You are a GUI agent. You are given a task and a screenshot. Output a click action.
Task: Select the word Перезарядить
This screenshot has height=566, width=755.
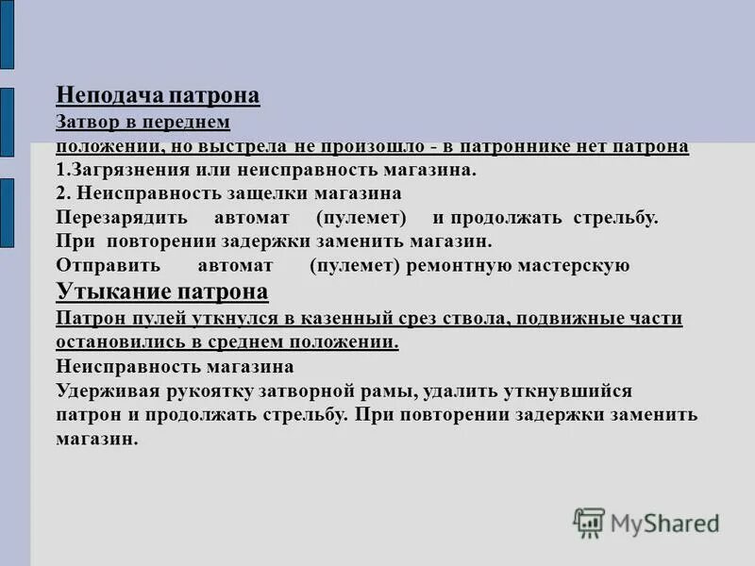pos(113,218)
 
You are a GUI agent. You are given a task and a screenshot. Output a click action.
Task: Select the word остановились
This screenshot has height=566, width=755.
pos(123,341)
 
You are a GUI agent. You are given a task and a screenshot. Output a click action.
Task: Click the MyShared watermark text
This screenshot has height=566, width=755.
pos(665,522)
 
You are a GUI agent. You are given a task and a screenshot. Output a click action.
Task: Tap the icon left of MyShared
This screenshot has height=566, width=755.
pos(589,522)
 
